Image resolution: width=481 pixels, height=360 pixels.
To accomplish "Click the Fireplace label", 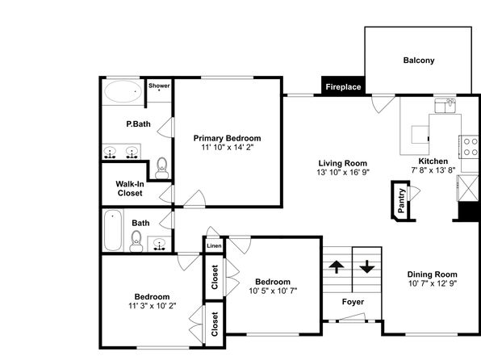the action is click(x=343, y=87).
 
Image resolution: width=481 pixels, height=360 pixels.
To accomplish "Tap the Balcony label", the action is click(x=419, y=61).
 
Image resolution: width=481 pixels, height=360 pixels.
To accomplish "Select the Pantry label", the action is click(x=401, y=201).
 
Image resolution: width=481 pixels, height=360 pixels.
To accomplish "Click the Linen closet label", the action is click(x=214, y=246).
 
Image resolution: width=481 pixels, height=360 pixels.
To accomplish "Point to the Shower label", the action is click(x=159, y=86).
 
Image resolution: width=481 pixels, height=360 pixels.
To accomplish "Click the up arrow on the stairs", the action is click(x=337, y=266).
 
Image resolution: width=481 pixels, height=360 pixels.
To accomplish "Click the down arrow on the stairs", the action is click(x=367, y=266).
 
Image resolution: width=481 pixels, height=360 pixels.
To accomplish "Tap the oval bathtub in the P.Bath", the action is click(x=123, y=91).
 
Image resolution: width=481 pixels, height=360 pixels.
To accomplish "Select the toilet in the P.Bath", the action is click(x=161, y=168).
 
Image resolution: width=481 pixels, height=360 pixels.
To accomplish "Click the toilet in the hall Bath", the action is click(x=136, y=241).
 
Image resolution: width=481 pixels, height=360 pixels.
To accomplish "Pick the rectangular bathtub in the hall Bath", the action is click(x=112, y=230).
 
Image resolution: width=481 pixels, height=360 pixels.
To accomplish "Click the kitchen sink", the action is click(x=445, y=105).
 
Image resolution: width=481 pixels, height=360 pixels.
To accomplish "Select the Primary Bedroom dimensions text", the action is click(x=228, y=148).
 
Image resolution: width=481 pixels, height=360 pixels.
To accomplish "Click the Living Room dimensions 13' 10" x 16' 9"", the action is click(x=343, y=172).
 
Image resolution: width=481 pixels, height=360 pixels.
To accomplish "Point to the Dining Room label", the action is click(x=432, y=274).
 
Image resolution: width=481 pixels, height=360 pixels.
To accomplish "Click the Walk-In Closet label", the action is click(x=130, y=188).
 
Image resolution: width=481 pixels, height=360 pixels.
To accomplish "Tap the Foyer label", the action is click(x=353, y=302).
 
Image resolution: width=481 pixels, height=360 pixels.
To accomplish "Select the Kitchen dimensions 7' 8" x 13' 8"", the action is click(x=433, y=170).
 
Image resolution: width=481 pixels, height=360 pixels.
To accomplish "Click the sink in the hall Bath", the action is click(x=159, y=245).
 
